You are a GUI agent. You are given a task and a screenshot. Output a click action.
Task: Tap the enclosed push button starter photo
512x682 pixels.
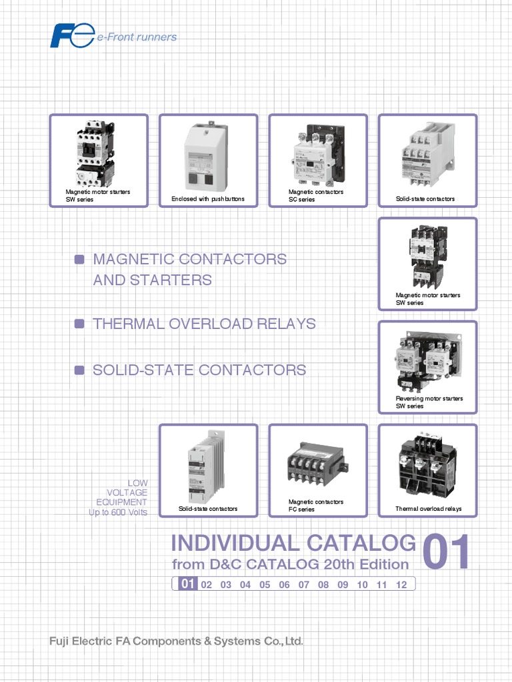207,156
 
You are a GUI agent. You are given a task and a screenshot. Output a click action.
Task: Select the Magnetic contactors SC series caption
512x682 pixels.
316,195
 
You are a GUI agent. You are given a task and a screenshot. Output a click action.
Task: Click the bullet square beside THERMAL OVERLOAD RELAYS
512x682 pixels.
79,324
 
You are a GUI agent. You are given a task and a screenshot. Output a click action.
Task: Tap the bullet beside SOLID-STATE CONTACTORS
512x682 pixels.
79,370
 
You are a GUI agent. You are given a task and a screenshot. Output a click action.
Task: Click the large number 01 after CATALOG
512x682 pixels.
446,552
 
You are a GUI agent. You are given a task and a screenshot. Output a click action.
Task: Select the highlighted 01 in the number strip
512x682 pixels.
187,585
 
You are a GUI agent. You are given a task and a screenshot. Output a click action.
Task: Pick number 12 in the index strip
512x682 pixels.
401,585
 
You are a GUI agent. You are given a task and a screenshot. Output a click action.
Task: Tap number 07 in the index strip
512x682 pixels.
304,585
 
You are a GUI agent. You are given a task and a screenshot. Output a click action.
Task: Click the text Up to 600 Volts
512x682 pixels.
118,512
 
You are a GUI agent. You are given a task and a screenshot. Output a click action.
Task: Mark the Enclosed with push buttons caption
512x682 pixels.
207,199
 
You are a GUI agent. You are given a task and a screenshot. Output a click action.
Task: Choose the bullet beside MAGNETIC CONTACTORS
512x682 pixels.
79,259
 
